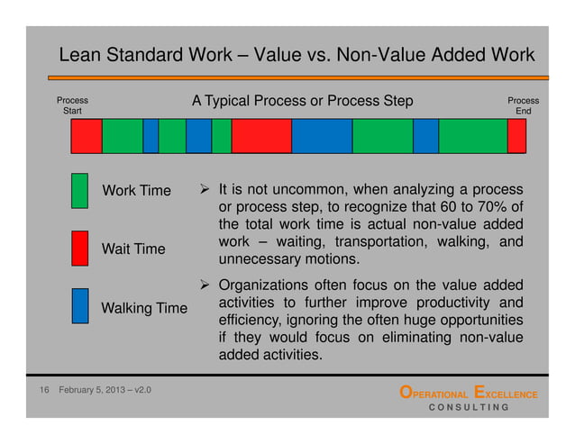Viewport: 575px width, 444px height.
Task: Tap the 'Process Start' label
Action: coord(72,106)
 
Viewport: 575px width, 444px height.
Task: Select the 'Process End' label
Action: coord(523,106)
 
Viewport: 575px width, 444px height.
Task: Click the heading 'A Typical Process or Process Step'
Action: coord(302,101)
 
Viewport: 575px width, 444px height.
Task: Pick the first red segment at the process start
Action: coord(87,135)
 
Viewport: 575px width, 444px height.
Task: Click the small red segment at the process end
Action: coord(516,135)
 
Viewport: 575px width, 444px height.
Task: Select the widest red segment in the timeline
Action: coord(261,135)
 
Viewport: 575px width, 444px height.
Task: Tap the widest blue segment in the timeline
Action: coord(321,135)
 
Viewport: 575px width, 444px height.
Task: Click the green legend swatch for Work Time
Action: coord(79,191)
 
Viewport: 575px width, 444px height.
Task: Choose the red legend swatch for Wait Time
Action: coord(79,248)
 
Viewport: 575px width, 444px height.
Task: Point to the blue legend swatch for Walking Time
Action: coord(79,305)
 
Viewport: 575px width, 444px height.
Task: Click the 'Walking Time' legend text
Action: coord(144,309)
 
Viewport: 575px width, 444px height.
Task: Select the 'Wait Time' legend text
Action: coord(132,249)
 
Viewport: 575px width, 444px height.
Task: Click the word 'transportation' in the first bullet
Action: coord(379,241)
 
